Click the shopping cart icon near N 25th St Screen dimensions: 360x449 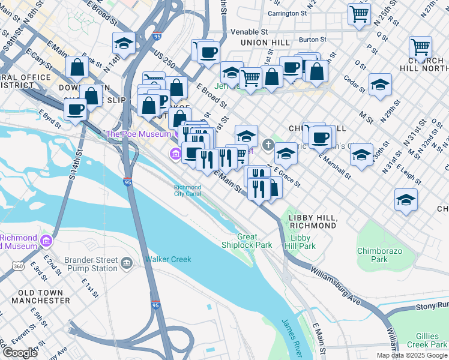pos(359,13)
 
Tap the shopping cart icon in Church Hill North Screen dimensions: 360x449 pos(420,47)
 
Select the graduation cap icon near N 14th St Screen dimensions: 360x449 pos(124,43)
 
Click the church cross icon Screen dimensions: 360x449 pos(268,143)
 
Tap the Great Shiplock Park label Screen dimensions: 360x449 pos(255,241)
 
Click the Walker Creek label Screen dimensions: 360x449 pos(167,259)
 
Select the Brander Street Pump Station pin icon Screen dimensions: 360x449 pos(127,263)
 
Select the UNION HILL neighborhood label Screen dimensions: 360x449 pos(265,43)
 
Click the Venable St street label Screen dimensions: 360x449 pos(247,31)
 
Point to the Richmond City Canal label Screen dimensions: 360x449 pos(187,190)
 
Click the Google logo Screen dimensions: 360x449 pos(19,353)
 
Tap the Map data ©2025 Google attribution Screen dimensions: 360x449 pos(411,355)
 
